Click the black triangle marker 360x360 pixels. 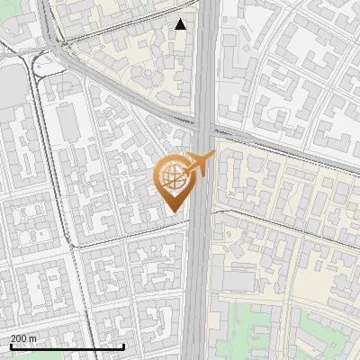pyautogui.click(x=181, y=24)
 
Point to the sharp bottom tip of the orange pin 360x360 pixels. pyautogui.click(x=172, y=212)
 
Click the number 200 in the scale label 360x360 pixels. pyautogui.click(x=20, y=338)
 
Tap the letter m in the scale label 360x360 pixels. pyautogui.click(x=34, y=338)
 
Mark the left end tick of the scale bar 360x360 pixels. pyautogui.click(x=10, y=346)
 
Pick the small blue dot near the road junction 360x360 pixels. pyautogui.click(x=38, y=65)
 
